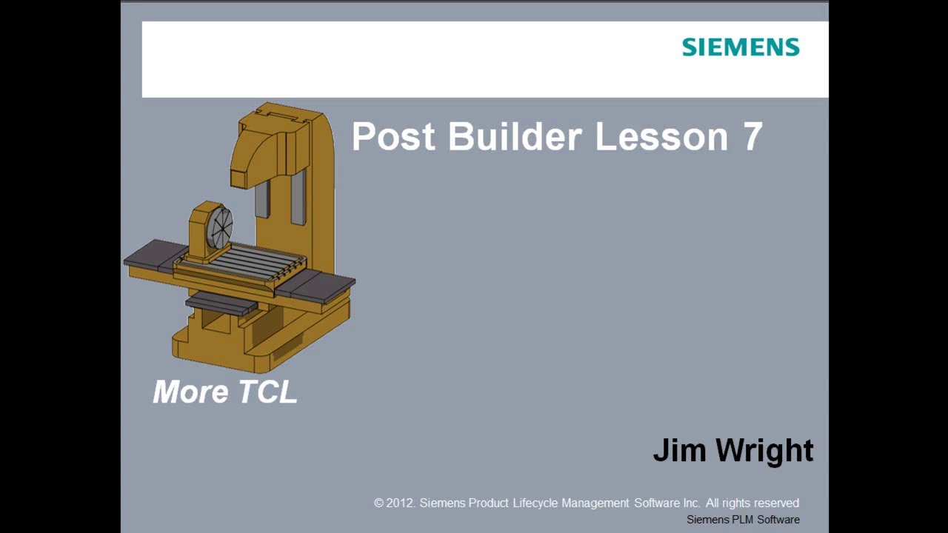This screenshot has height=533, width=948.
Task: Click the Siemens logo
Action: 741,47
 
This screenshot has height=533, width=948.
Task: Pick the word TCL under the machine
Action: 267,392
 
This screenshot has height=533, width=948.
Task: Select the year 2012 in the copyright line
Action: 400,503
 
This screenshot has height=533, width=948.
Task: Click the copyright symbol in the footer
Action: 379,503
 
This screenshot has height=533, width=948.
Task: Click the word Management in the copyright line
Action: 595,503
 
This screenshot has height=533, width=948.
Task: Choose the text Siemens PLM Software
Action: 743,520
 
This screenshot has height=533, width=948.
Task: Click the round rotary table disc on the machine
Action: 220,225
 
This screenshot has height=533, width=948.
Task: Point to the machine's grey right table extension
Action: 318,285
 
